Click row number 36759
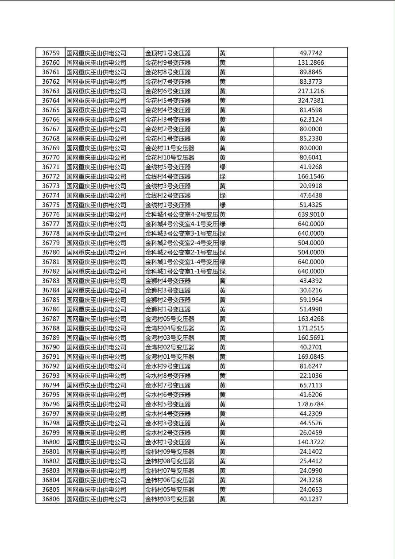pos(50,53)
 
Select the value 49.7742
pos(310,53)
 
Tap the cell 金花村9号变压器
pos(168,63)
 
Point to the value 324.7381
pos(310,101)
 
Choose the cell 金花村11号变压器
pos(170,148)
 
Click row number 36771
pos(50,167)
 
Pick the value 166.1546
pos(310,176)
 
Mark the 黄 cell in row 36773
pos(223,186)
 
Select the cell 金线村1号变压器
pos(168,205)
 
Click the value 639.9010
pos(310,214)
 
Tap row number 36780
pos(50,252)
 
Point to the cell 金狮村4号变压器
pos(168,281)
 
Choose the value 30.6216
pos(310,290)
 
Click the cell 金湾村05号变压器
pos(170,319)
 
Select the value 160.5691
pos(310,338)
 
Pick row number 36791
pos(50,357)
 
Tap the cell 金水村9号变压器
pos(168,366)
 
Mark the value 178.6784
pos(310,404)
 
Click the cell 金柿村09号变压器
pos(170,452)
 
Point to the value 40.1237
pos(310,499)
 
